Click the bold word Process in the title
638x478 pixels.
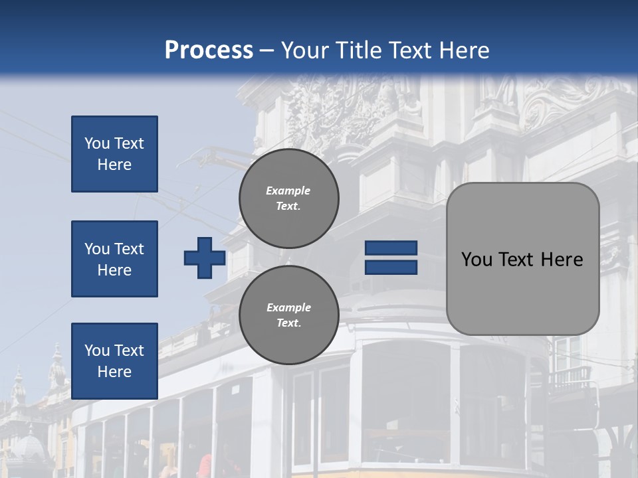coord(209,50)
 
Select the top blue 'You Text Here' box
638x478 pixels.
coord(114,154)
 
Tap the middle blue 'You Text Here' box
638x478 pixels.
coord(114,259)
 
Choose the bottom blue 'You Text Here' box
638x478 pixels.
coord(114,361)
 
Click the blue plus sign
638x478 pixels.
coord(205,258)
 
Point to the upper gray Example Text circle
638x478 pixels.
coord(288,198)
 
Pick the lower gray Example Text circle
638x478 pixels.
coord(288,315)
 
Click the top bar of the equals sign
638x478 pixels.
coord(391,248)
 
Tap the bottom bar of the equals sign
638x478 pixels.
coord(391,267)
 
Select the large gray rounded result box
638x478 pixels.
coord(522,259)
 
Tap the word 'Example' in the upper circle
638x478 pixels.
coord(288,191)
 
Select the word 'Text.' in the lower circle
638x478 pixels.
coord(288,323)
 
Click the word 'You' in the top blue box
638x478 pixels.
coord(97,143)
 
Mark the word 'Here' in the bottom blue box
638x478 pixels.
coord(114,372)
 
